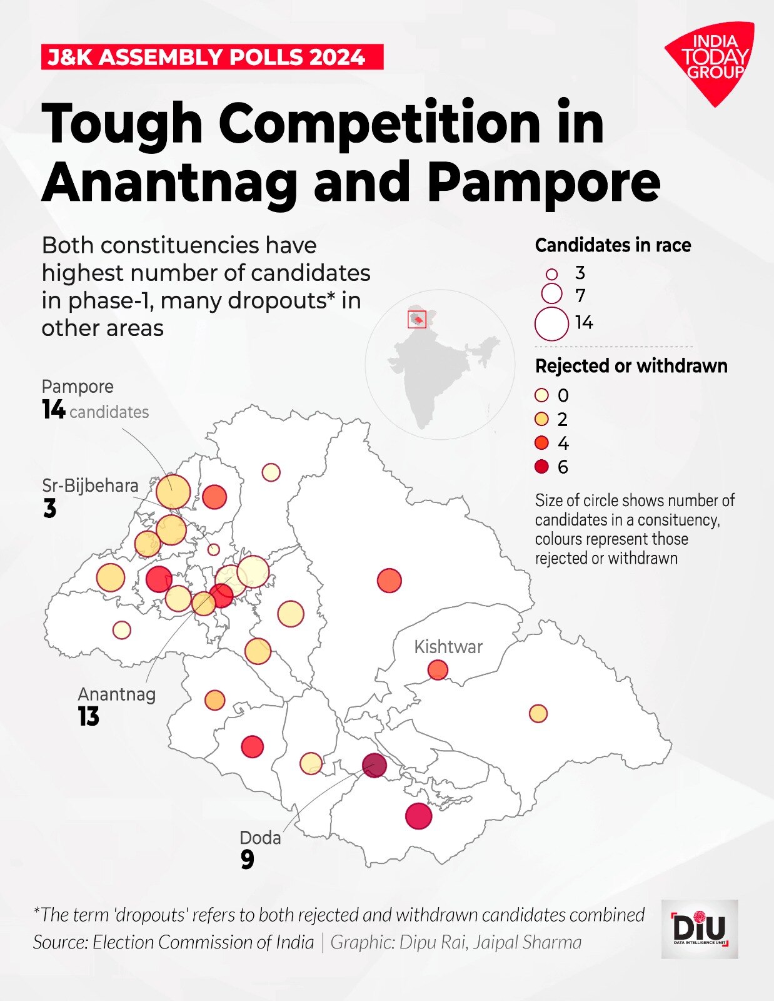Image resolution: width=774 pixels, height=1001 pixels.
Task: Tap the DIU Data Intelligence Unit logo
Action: pos(700,929)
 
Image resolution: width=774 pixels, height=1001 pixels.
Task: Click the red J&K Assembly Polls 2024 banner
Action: pos(212,57)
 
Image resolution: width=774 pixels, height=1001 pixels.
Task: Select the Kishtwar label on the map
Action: pos(448,646)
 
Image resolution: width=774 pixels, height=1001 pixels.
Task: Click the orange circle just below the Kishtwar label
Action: pos(438,670)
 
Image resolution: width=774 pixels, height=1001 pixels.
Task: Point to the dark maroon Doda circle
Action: pos(374,765)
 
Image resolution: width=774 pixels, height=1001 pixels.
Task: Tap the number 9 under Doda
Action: pos(248,860)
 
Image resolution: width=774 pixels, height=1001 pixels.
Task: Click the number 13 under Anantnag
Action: pos(89,716)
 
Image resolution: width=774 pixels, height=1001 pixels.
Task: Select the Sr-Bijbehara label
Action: pos(90,485)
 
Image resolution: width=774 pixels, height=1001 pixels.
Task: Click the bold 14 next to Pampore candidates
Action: pos(54,410)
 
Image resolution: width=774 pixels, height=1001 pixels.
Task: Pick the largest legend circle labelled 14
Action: pos(551,324)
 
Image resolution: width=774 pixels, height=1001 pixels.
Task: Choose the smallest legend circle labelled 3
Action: pos(551,274)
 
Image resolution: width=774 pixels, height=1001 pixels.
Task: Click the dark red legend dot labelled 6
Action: pos(542,467)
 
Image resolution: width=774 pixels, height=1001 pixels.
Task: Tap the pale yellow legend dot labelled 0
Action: pos(542,395)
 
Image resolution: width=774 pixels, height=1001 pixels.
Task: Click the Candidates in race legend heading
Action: pos(613,245)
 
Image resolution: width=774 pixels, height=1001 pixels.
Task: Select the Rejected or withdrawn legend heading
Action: pos(631,366)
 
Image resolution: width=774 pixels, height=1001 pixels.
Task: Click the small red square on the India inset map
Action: pos(416,318)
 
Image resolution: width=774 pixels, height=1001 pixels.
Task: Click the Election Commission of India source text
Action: pos(203,942)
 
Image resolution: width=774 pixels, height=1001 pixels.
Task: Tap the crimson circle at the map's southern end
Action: pos(418,816)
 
